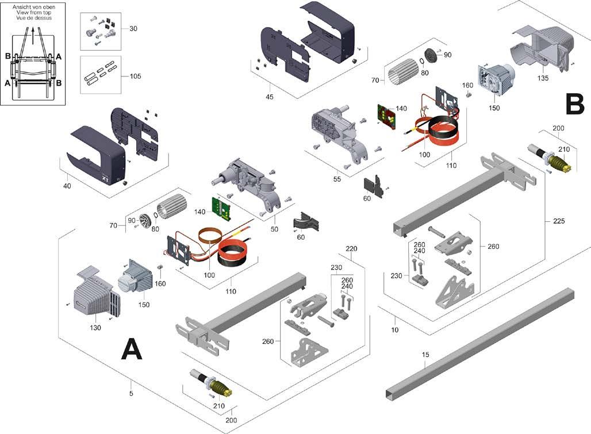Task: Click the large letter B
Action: [574, 105]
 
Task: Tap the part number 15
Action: [425, 355]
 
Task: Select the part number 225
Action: [552, 220]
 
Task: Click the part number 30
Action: [134, 29]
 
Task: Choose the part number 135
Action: [542, 78]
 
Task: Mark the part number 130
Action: [95, 328]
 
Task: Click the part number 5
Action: [132, 394]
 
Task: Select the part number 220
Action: [352, 249]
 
